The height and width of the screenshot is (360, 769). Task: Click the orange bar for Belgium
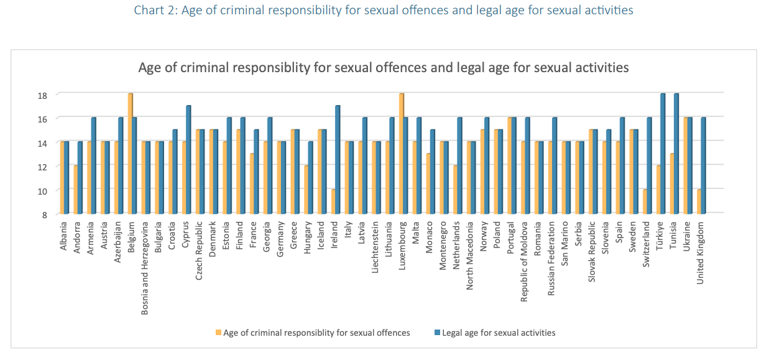point(130,154)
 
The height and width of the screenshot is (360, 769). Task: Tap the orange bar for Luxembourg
point(401,154)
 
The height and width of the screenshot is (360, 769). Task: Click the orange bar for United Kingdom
point(699,201)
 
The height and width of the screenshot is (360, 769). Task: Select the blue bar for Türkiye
point(663,154)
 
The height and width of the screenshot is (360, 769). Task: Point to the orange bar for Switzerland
point(645,201)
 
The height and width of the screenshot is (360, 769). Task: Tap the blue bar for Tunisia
point(676,154)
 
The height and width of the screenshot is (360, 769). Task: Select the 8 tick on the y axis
point(45,215)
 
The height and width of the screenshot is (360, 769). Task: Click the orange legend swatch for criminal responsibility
point(218,333)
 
